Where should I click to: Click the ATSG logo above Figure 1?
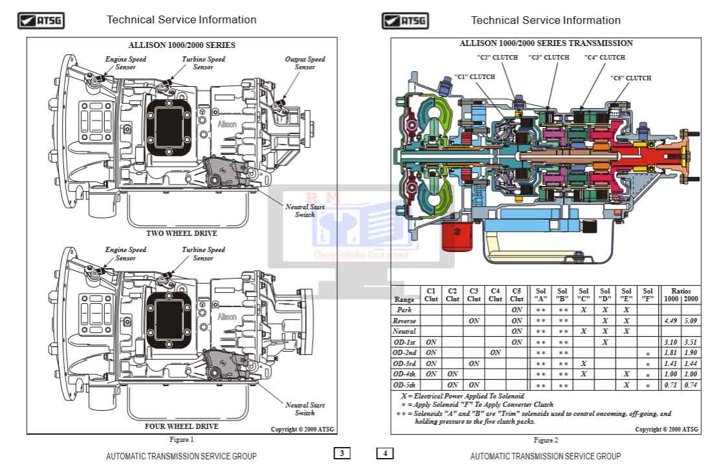pos(41,21)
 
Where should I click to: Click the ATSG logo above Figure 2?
pos(405,21)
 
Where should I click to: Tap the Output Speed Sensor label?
pos(305,63)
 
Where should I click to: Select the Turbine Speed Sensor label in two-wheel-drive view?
pos(203,63)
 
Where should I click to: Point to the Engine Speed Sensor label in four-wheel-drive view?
pos(126,253)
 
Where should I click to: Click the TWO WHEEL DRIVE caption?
pos(182,233)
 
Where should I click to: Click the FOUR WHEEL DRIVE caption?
pos(182,426)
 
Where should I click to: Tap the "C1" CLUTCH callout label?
pos(474,77)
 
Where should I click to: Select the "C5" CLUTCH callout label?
pos(630,78)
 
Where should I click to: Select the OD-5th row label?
pos(404,385)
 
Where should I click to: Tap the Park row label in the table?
pos(404,310)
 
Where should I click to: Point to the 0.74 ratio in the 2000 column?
pos(690,385)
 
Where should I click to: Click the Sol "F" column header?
pos(647,295)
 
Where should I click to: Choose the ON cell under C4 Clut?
pos(495,352)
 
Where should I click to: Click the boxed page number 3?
pos(342,454)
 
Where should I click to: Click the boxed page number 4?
pos(384,454)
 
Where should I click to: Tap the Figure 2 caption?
pos(546,440)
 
